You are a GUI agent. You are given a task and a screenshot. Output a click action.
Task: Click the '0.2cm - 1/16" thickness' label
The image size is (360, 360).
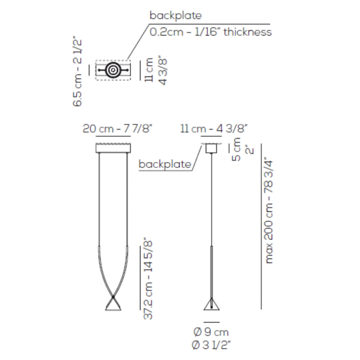[211, 31]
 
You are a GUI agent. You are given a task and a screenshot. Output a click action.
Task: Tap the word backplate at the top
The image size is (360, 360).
[175, 15]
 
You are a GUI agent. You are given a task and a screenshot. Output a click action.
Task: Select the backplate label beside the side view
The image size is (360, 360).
[165, 164]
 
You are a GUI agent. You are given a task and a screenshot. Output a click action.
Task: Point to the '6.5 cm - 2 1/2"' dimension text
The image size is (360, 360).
[77, 72]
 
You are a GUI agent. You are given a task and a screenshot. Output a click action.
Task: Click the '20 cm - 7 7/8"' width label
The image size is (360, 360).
[117, 129]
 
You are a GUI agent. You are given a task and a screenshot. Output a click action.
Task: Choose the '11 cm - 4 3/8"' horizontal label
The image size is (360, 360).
[214, 129]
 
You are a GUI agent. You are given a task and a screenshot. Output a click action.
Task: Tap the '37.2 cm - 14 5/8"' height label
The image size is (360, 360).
[148, 279]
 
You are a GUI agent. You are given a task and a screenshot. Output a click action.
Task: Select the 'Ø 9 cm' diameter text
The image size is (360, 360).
[211, 332]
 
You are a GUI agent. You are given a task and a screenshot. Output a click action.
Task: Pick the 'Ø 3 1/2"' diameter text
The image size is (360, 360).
[211, 345]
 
